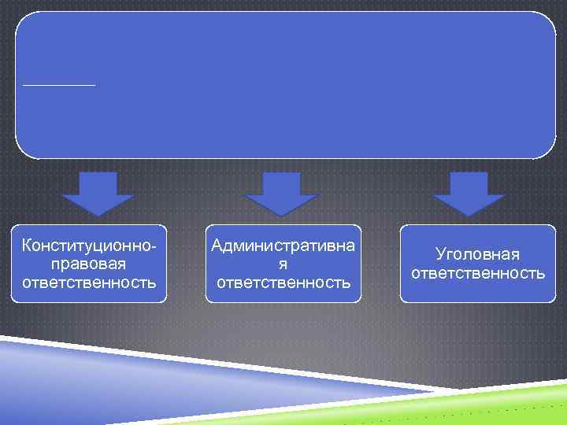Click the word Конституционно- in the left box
point(90,246)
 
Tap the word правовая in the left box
point(90,264)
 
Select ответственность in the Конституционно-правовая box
point(90,281)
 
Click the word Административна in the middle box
point(283,246)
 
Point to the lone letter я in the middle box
point(283,264)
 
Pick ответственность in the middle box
point(283,281)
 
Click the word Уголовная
point(478,255)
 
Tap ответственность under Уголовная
point(478,273)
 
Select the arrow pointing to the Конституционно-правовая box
point(98,194)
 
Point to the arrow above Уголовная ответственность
point(469,194)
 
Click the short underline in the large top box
point(59,84)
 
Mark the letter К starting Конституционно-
point(28,246)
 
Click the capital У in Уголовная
point(441,255)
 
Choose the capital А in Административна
point(218,246)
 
